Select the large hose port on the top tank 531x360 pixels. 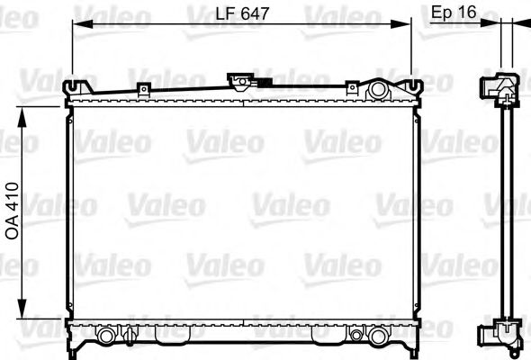click(x=377, y=90)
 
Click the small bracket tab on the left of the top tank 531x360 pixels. click(x=142, y=89)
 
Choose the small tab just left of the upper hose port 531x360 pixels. click(x=352, y=89)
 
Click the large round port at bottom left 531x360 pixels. click(x=108, y=336)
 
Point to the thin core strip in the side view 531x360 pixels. click(x=510, y=211)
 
